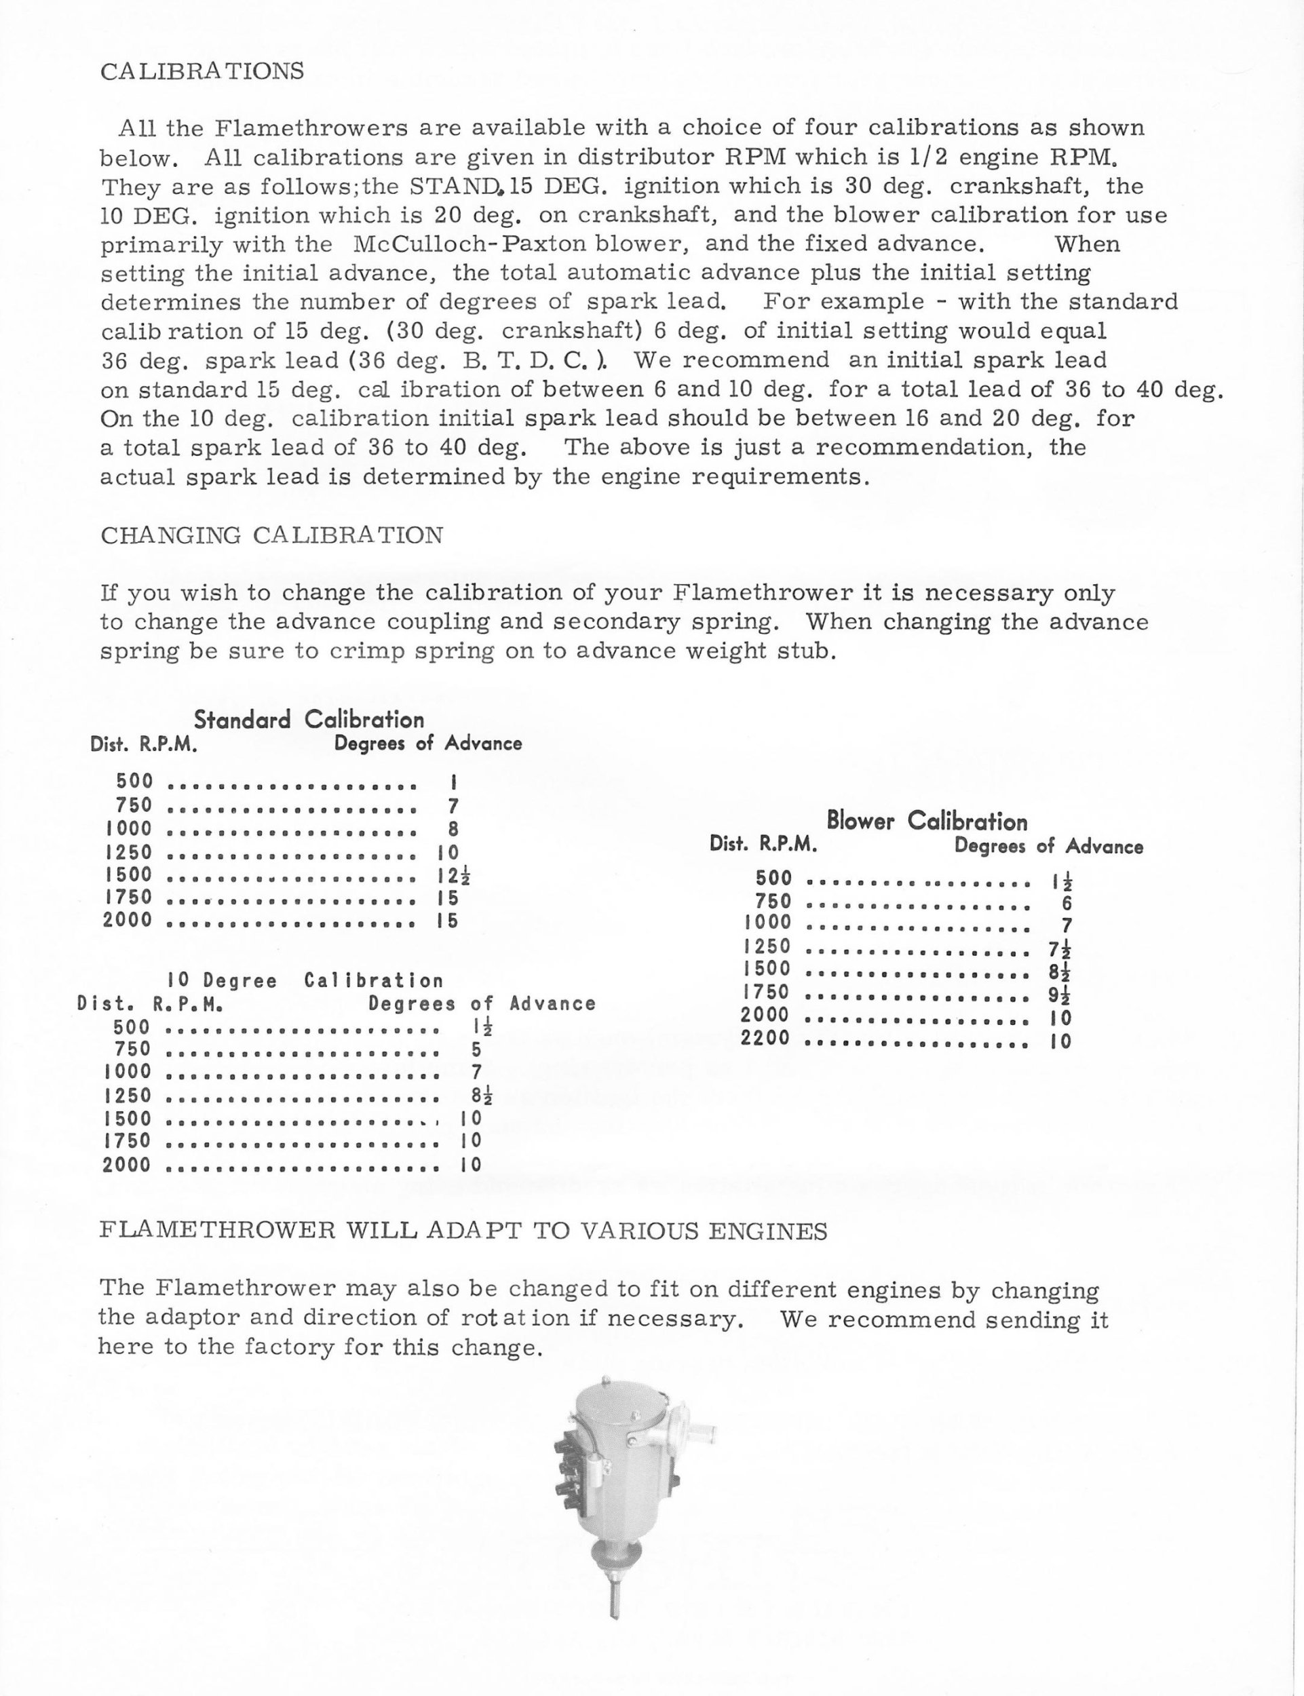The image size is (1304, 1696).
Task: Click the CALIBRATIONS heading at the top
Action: coord(202,71)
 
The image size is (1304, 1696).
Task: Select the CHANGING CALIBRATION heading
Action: coord(271,535)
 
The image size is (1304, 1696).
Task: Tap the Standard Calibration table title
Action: coord(309,720)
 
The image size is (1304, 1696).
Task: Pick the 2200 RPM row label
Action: coord(765,1038)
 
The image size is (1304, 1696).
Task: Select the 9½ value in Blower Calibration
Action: coord(1060,995)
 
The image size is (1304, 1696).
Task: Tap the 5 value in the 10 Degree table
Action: coord(476,1049)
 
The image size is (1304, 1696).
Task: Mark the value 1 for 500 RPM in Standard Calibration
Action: coord(453,782)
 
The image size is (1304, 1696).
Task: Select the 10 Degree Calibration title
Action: coord(305,981)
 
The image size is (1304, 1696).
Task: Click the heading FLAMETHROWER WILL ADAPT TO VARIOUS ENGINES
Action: coord(463,1232)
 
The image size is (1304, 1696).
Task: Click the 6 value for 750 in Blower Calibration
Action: coord(1066,903)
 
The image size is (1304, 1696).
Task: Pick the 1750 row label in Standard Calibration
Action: coord(128,898)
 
